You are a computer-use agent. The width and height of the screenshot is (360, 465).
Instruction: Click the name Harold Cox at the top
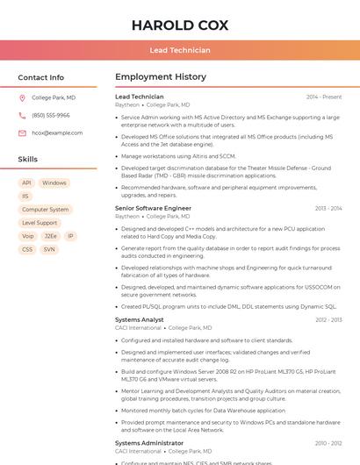(180, 25)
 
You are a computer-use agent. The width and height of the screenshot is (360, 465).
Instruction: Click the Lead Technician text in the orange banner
(180, 50)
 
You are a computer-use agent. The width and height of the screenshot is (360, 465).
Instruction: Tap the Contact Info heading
(41, 77)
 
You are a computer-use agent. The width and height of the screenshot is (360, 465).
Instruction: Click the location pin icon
(22, 98)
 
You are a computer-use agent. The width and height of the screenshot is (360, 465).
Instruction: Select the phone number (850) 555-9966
(51, 116)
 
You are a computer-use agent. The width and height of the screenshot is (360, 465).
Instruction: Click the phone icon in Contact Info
(22, 116)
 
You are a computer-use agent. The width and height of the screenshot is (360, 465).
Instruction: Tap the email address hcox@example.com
(57, 133)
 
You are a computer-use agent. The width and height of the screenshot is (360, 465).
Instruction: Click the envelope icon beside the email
(22, 133)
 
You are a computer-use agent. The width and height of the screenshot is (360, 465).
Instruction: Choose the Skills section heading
(28, 160)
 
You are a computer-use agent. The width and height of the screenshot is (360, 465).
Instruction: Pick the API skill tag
(26, 183)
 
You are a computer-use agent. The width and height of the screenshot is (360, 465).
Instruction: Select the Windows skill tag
(54, 183)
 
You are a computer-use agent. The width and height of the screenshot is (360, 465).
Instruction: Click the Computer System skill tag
(45, 210)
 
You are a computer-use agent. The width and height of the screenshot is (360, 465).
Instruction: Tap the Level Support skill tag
(40, 223)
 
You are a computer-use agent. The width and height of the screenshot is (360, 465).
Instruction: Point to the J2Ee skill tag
(51, 236)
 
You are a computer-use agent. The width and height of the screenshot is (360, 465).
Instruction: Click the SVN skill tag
(49, 249)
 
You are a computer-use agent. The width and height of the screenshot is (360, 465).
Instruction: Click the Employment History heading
(161, 77)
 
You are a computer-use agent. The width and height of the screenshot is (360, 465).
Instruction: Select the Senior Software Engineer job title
(153, 209)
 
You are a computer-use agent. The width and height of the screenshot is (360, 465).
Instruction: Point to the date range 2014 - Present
(324, 97)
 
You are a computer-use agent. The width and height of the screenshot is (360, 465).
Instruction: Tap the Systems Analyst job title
(140, 320)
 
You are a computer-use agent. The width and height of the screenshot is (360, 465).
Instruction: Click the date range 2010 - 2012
(328, 444)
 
